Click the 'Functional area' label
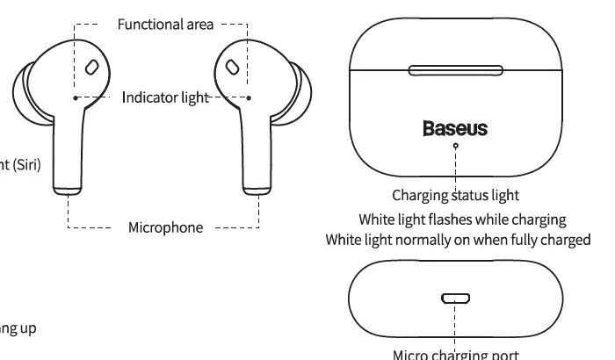pyautogui.click(x=165, y=24)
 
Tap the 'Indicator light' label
pyautogui.click(x=164, y=97)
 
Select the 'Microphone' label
pyautogui.click(x=165, y=227)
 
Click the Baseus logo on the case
pyautogui.click(x=455, y=129)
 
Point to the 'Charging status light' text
pyautogui.click(x=455, y=195)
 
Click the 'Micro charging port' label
pyautogui.click(x=455, y=354)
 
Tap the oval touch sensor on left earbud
pyautogui.click(x=91, y=67)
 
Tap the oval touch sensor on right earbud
pyautogui.click(x=232, y=67)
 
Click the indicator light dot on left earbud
pyautogui.click(x=76, y=97)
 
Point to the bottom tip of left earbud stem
pyautogui.click(x=68, y=186)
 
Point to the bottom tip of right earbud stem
pyautogui.click(x=257, y=186)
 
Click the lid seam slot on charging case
pyautogui.click(x=455, y=71)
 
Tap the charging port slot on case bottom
pyautogui.click(x=455, y=299)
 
